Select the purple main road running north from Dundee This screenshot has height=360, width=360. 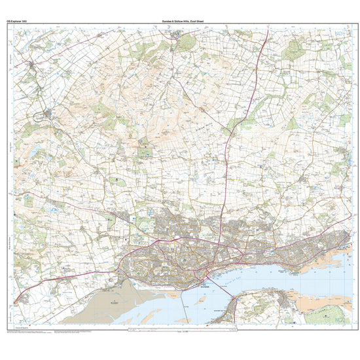[x=225, y=164]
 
